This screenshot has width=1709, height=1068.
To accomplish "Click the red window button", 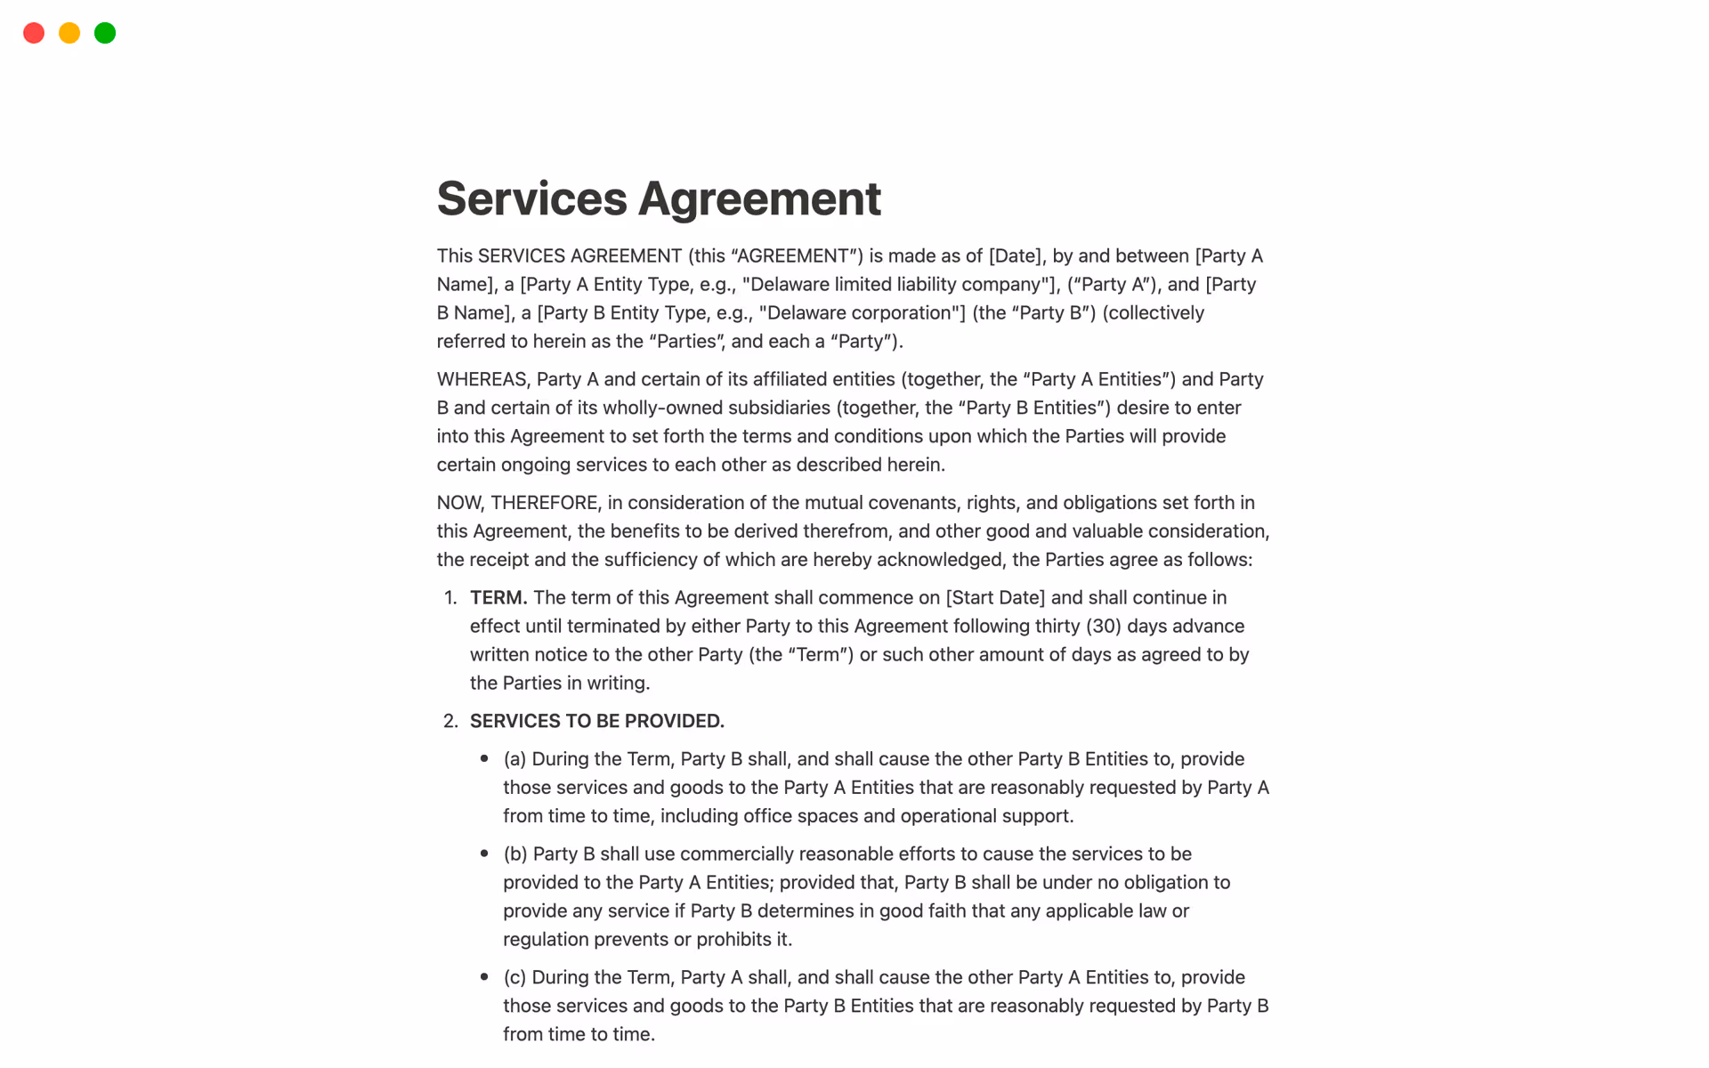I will pyautogui.click(x=34, y=33).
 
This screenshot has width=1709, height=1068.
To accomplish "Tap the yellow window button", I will pyautogui.click(x=69, y=33).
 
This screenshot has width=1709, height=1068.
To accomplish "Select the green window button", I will pyautogui.click(x=105, y=33).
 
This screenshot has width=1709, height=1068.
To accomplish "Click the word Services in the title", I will pyautogui.click(x=531, y=198).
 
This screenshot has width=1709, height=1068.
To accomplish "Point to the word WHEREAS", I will pyautogui.click(x=482, y=379).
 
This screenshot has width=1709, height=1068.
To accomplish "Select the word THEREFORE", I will pyautogui.click(x=545, y=503).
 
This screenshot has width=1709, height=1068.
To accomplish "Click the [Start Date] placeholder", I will pyautogui.click(x=995, y=598).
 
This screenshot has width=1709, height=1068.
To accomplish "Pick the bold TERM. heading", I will pyautogui.click(x=498, y=598).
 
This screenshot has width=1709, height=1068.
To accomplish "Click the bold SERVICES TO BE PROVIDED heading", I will pyautogui.click(x=596, y=721).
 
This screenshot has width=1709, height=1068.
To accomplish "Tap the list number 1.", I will pyautogui.click(x=450, y=598).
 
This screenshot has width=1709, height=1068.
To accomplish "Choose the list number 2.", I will pyautogui.click(x=450, y=721).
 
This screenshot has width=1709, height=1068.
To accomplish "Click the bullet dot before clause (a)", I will pyautogui.click(x=484, y=759).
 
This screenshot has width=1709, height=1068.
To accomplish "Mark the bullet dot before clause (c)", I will pyautogui.click(x=484, y=977).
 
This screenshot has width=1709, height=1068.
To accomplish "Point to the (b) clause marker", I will pyautogui.click(x=515, y=854).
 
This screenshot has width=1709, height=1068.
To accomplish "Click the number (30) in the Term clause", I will pyautogui.click(x=1103, y=627).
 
